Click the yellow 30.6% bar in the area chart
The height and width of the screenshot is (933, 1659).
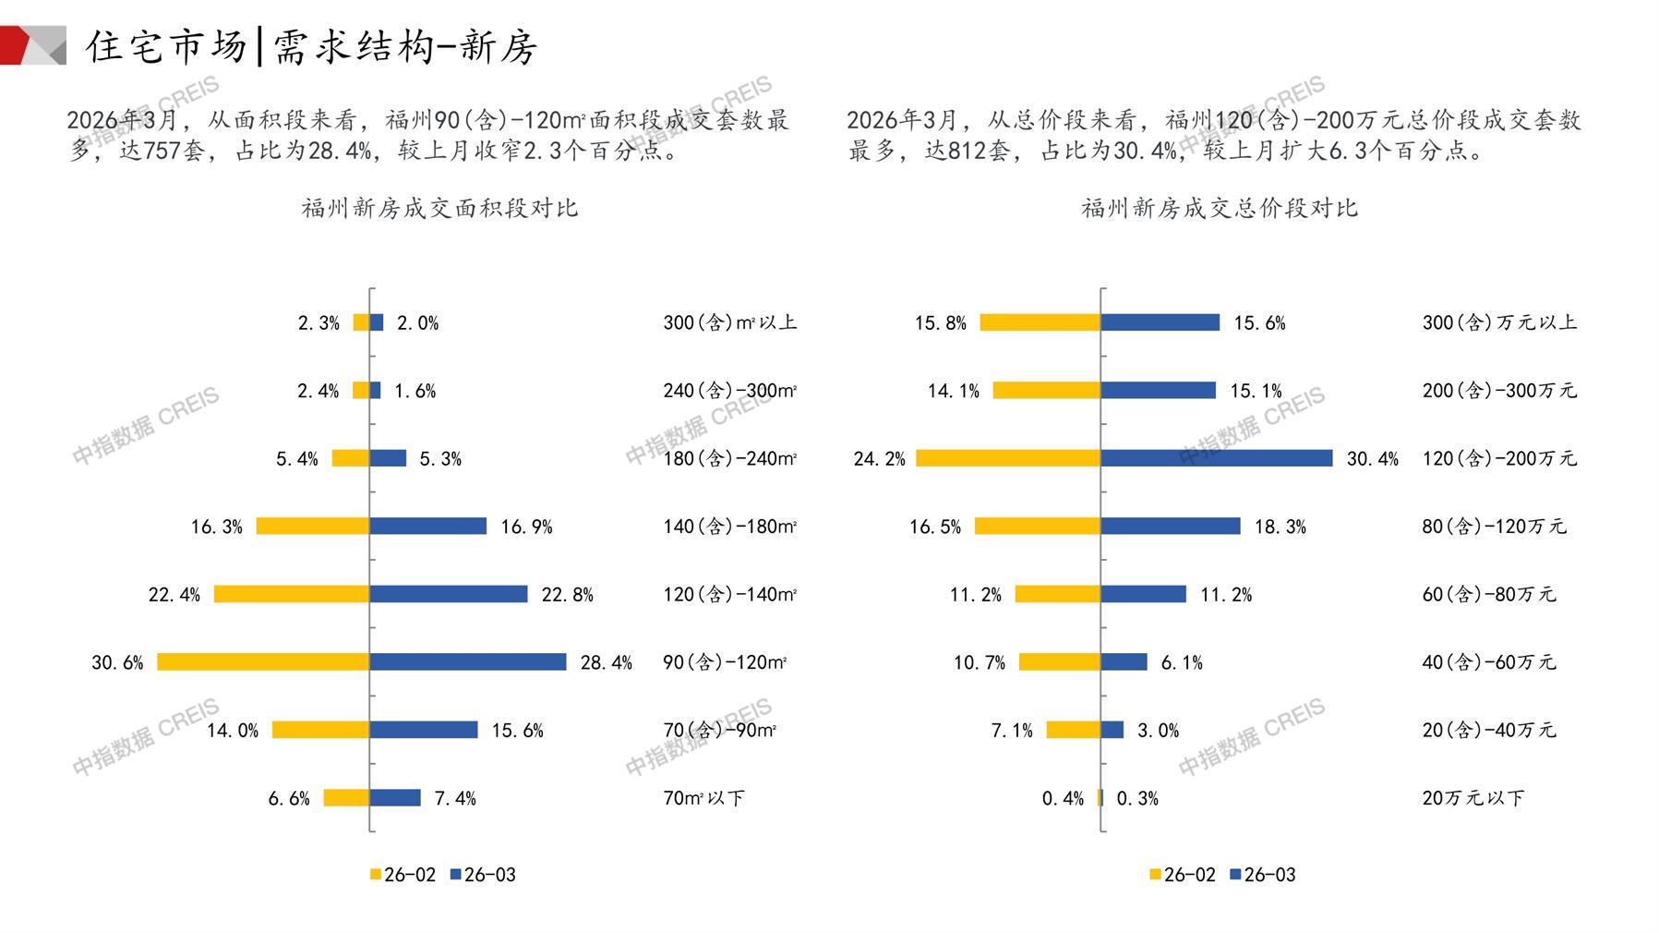tap(263, 662)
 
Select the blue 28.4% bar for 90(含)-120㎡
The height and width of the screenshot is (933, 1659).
tap(467, 662)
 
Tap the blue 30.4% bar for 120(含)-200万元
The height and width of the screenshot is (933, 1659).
tap(1216, 458)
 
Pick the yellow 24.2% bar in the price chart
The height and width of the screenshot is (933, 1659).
tap(1008, 458)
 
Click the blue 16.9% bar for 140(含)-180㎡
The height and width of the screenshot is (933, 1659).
tap(427, 527)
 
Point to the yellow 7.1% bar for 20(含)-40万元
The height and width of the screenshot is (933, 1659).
tap(1073, 730)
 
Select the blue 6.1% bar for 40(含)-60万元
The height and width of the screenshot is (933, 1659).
tap(1124, 662)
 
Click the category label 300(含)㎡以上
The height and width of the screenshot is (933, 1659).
tap(729, 322)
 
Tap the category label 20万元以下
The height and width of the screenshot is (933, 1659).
tap(1473, 798)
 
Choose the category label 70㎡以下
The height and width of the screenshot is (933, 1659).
tap(703, 798)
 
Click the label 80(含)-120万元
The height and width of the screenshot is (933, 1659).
tap(1494, 527)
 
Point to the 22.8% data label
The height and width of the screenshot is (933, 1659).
tap(567, 595)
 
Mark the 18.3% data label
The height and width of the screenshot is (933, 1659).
tap(1280, 527)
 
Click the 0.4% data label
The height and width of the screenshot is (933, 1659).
tap(1063, 798)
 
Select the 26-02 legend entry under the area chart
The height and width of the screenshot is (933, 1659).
tap(403, 875)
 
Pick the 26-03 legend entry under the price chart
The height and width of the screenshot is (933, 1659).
tap(1263, 875)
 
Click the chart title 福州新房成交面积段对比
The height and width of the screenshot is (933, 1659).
tap(439, 208)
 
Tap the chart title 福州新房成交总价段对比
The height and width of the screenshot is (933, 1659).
tap(1220, 208)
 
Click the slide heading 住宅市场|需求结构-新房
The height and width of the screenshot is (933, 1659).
tap(312, 46)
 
